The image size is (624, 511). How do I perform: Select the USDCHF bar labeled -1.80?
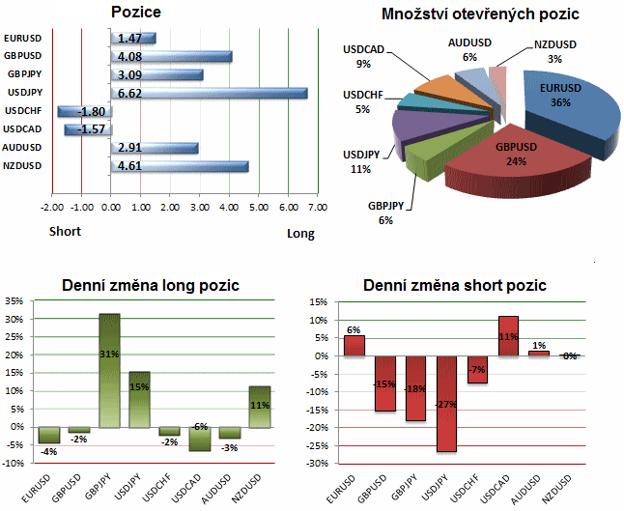coord(85,111)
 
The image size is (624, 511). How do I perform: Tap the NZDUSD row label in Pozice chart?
coord(22,166)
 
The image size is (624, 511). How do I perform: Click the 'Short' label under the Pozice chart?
coord(65,232)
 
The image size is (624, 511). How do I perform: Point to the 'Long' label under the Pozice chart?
coord(300,233)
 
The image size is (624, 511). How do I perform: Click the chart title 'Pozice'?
coord(136,13)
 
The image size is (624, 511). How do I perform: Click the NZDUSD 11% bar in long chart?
coord(259,406)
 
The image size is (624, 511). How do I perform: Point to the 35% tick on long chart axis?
coord(14,300)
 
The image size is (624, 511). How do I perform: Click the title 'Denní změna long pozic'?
coord(150,286)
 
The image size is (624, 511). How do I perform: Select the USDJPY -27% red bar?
coord(446,404)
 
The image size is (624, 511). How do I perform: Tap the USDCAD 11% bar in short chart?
coord(508,336)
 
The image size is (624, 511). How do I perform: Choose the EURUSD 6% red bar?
coord(354,346)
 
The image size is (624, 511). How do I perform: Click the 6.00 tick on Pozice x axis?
coord(288,207)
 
